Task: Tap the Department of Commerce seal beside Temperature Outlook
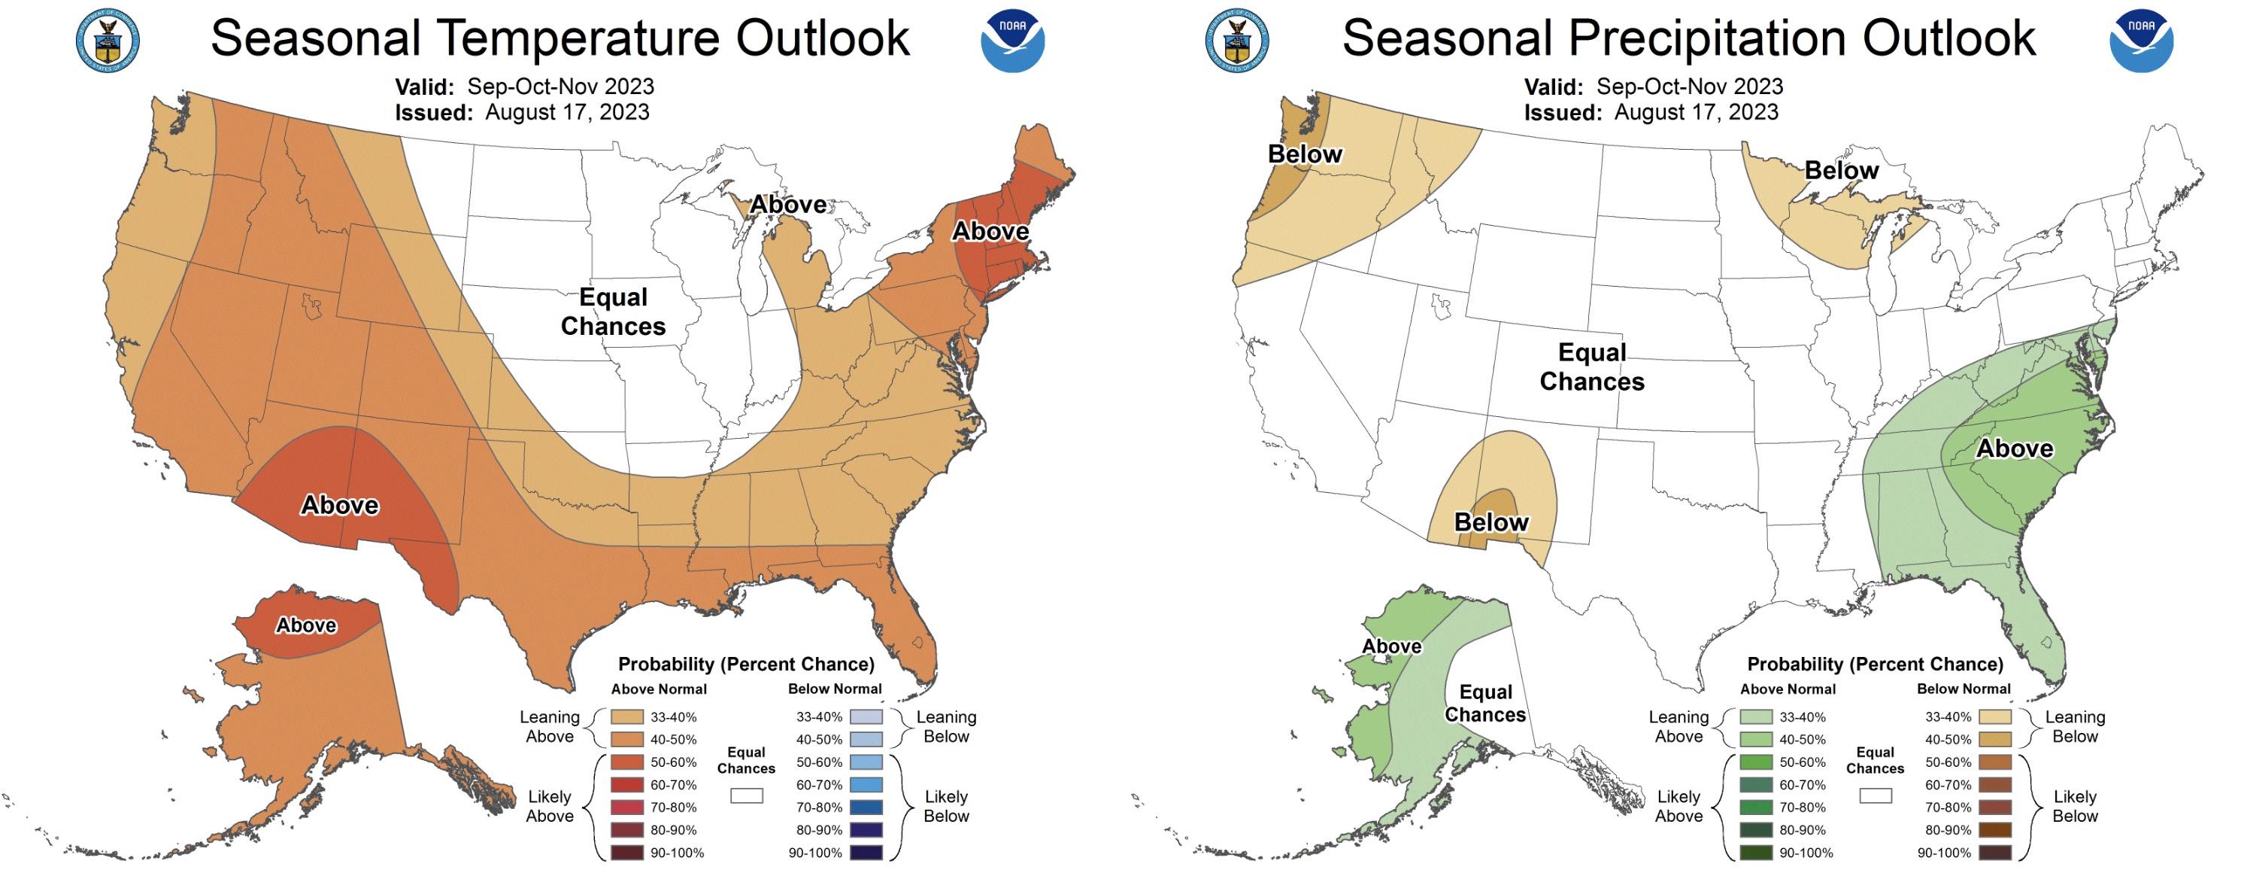(x=107, y=40)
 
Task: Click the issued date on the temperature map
(x=566, y=112)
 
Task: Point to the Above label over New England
(x=990, y=232)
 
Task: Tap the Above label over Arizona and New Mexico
(x=339, y=506)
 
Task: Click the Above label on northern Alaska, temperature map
(x=306, y=625)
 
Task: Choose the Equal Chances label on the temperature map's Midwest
(x=614, y=312)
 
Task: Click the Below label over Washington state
(x=1304, y=154)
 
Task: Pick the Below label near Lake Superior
(x=1841, y=171)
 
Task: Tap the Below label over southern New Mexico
(x=1490, y=522)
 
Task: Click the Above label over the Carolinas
(x=2014, y=449)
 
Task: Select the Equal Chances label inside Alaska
(x=1485, y=703)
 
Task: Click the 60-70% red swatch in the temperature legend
(x=626, y=785)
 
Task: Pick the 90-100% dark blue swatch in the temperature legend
(x=866, y=853)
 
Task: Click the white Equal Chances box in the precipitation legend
(x=1875, y=795)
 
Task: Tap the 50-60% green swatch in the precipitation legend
(x=1755, y=762)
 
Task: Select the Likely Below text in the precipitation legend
(x=2074, y=806)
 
